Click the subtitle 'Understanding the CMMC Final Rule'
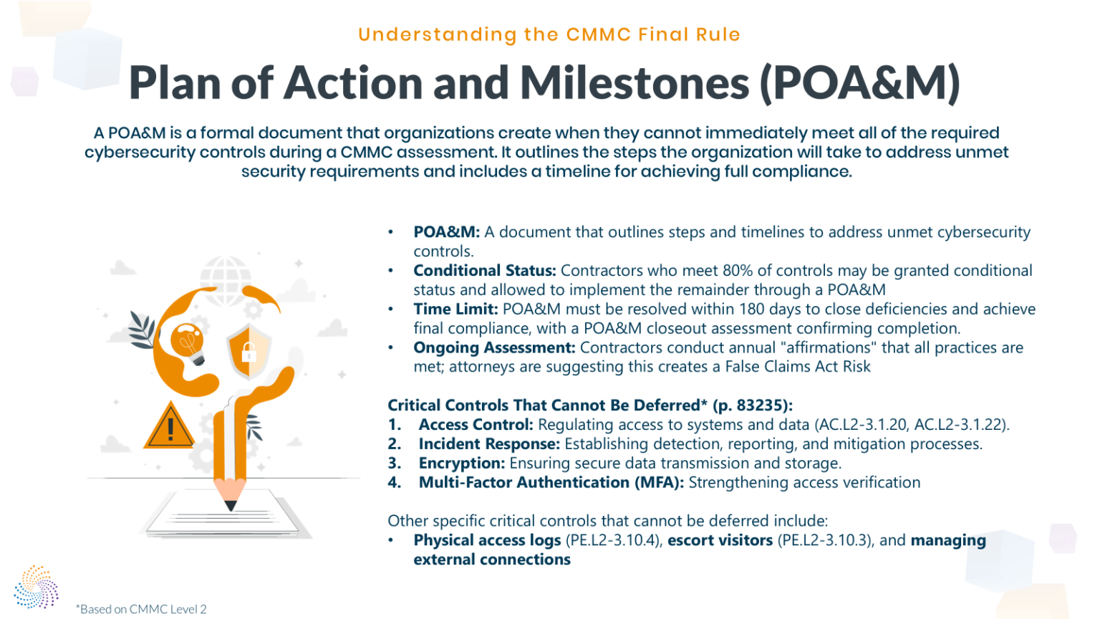[549, 34]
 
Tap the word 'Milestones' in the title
[634, 83]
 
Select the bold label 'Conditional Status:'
[484, 271]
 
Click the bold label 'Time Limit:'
[455, 309]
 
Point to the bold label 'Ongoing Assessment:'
[494, 348]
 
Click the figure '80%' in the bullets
[738, 271]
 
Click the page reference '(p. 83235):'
[753, 406]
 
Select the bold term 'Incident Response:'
[489, 444]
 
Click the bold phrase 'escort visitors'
[720, 541]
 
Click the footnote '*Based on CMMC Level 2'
[141, 609]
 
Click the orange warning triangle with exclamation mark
[170, 428]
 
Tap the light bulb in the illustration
[188, 343]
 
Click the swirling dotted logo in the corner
[36, 587]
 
